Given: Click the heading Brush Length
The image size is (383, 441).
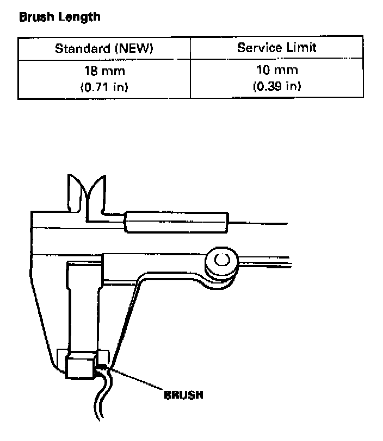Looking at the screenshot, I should coord(60,17).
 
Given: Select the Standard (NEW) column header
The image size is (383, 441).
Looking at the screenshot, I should coord(104,49).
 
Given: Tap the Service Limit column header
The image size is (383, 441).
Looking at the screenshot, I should coord(276,47).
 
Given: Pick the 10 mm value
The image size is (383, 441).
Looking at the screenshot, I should coord(276,71).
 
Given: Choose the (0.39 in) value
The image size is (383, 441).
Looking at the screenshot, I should coord(276,86).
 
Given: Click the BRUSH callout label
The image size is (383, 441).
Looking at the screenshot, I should coord(183,395).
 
